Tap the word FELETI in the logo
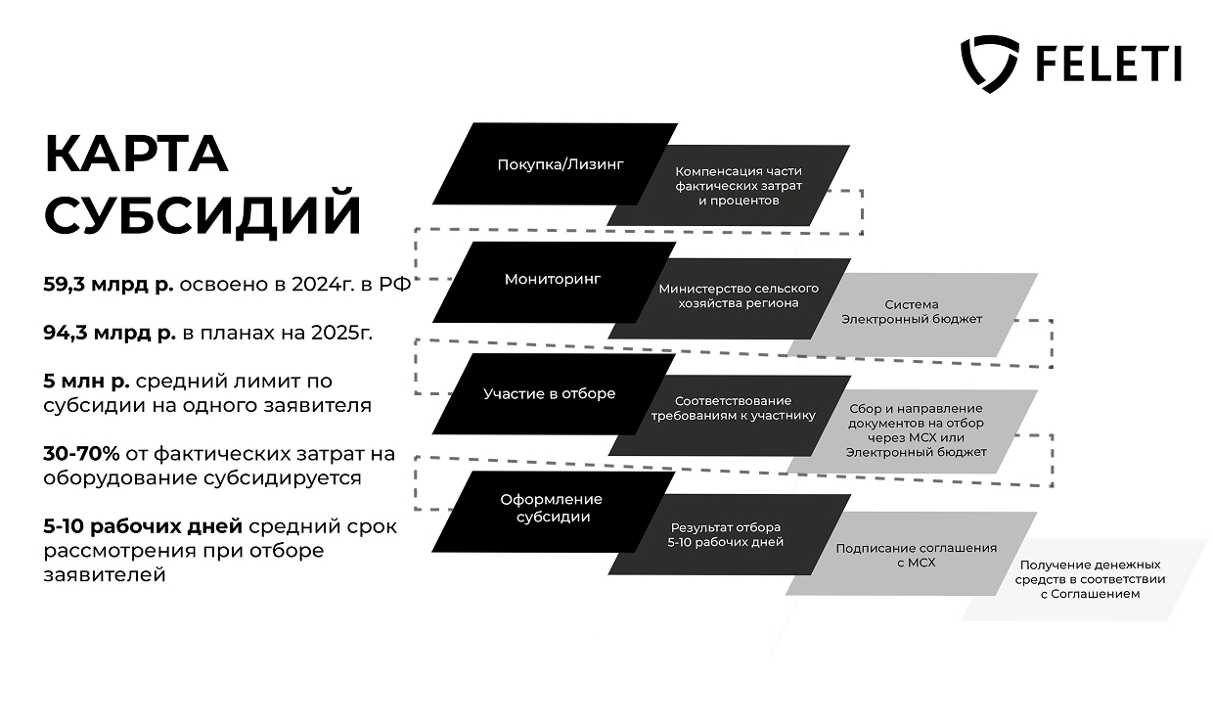coord(1106,64)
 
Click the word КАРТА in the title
coord(136,154)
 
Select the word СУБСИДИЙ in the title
coord(202,216)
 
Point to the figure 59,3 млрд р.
coord(109,285)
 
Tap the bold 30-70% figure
coord(81,454)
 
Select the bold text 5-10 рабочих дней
coord(143,527)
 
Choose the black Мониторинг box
coord(553,280)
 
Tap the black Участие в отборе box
coord(550,393)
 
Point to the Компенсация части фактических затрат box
coord(740,186)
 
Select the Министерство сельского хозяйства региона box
coord(739,295)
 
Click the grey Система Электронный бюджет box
coord(912,312)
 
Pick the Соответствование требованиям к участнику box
coord(734,408)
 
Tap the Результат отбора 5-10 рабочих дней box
coord(726,534)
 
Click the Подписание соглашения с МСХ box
coord(916,555)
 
